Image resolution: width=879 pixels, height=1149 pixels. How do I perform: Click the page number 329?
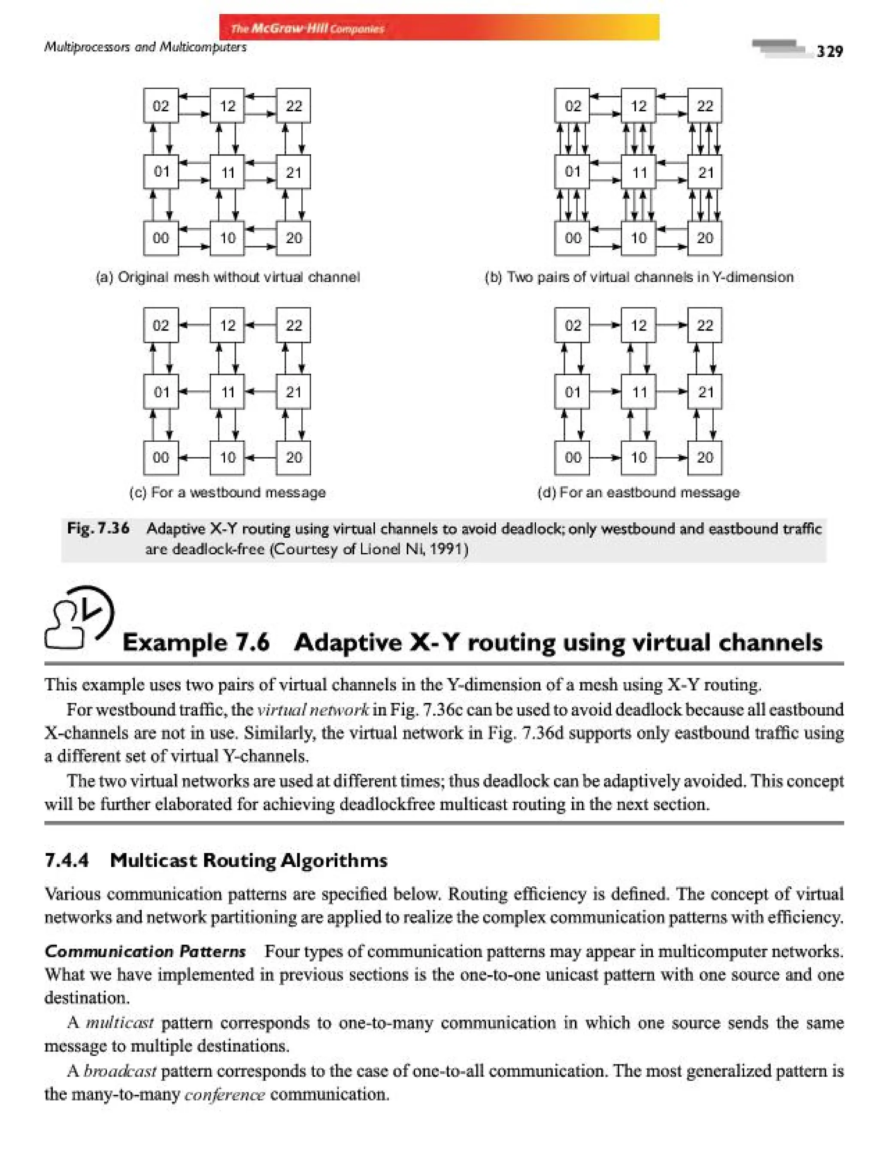click(x=829, y=51)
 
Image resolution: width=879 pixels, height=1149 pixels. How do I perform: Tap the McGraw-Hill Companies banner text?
click(x=308, y=29)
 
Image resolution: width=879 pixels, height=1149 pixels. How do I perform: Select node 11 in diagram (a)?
click(x=227, y=172)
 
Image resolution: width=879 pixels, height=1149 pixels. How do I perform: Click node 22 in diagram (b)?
click(x=704, y=106)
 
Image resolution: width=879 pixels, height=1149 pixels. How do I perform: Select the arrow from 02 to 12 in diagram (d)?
click(x=605, y=325)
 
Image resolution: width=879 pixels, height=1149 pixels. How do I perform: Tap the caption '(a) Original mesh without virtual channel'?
click(x=227, y=277)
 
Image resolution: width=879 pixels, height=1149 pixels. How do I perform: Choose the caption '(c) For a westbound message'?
click(x=227, y=492)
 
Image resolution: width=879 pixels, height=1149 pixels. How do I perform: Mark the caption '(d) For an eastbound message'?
click(x=639, y=492)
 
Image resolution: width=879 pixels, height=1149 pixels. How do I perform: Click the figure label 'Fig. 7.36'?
click(x=98, y=528)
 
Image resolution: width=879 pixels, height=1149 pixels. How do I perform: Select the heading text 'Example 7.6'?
click(x=196, y=642)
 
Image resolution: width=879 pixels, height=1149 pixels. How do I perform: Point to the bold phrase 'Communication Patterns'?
click(x=145, y=951)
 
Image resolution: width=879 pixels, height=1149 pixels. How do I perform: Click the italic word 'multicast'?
click(x=119, y=1022)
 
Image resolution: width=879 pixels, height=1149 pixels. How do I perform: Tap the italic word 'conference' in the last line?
click(x=224, y=1094)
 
